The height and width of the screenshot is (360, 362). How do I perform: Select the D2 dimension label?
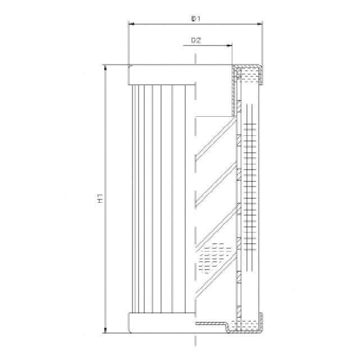196,40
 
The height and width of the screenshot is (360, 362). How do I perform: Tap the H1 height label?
100,198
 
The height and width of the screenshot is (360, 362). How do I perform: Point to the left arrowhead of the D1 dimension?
132,24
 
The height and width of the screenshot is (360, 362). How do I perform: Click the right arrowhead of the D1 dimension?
259,24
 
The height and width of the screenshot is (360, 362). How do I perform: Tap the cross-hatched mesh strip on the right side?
251,185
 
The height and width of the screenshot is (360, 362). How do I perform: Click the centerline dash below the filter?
195,341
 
